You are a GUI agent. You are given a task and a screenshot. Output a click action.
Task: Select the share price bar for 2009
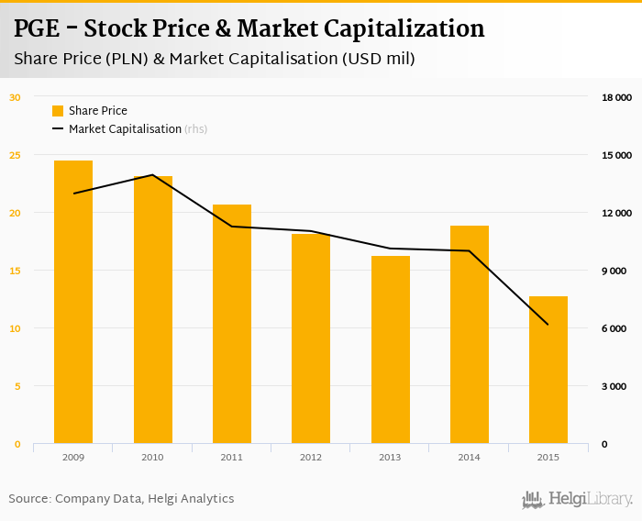73,303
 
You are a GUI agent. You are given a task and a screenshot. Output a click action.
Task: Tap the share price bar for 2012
311,339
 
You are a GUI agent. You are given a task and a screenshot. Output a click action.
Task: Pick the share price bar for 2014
470,335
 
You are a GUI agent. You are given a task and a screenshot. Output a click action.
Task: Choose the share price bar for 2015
548,371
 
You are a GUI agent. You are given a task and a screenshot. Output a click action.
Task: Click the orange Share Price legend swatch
58,111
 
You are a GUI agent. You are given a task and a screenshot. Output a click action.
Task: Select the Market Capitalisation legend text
125,129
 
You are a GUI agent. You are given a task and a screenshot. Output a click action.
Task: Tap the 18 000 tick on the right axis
615,97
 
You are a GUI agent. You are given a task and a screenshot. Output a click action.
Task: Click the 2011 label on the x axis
231,457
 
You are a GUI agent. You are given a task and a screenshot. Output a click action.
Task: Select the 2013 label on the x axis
390,457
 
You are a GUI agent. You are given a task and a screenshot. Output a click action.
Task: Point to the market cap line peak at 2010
152,175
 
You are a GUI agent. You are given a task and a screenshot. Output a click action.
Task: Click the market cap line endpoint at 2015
548,325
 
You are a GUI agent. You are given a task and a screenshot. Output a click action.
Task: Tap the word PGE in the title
38,29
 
